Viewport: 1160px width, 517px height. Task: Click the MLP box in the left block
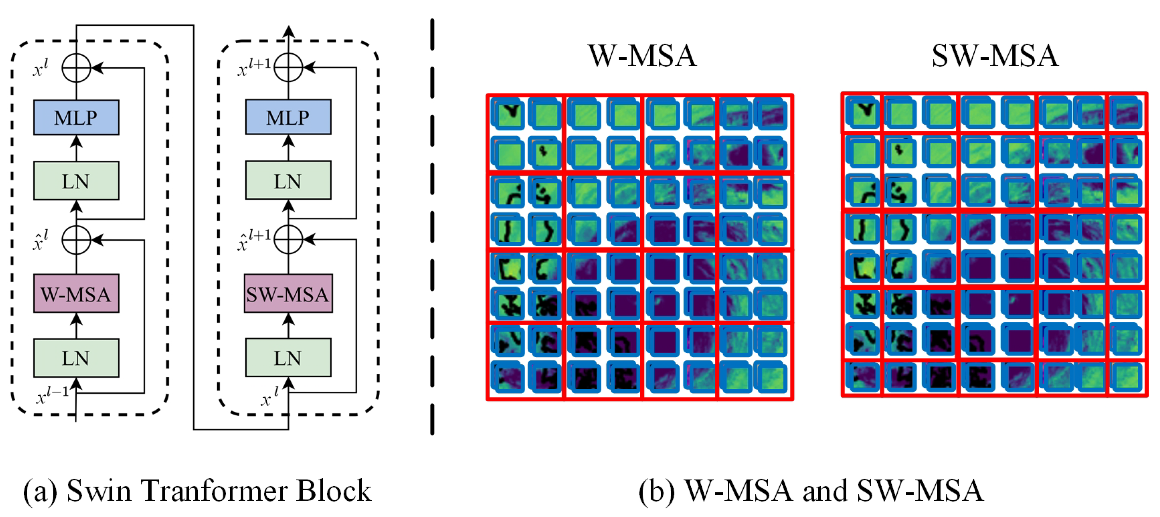point(76,118)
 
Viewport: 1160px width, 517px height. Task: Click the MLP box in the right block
point(288,117)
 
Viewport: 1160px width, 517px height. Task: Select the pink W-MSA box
point(76,294)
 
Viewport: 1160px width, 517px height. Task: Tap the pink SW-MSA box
point(288,294)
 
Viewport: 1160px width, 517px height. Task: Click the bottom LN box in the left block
point(76,358)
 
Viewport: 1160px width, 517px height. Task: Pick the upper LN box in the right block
point(288,181)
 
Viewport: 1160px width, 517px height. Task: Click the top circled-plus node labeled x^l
point(76,68)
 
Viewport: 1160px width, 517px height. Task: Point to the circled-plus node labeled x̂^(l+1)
point(288,239)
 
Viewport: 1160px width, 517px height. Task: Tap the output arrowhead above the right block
point(288,32)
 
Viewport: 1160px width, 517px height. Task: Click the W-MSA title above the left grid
point(642,56)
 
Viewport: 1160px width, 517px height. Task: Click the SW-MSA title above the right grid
point(994,56)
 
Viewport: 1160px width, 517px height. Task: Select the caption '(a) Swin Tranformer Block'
point(197,491)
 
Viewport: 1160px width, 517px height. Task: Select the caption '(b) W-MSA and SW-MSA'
point(811,491)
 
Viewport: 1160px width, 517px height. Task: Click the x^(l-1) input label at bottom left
point(52,396)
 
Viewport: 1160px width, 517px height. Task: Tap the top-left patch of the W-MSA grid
point(508,114)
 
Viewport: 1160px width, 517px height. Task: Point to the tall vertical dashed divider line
point(432,225)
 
